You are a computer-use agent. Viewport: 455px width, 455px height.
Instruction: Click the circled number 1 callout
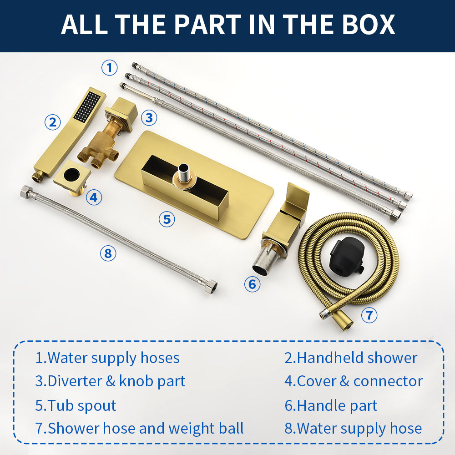[x=109, y=68]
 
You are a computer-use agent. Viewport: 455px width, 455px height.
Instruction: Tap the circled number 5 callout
[x=167, y=219]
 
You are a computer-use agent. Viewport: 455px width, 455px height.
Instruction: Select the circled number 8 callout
[x=108, y=253]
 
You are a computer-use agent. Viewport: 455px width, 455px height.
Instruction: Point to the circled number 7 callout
[x=369, y=315]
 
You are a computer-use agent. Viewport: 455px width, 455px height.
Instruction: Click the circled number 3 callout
[x=149, y=118]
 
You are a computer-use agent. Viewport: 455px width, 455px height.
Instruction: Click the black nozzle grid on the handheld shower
[x=87, y=106]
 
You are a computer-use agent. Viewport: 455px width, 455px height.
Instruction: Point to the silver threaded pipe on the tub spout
[x=184, y=172]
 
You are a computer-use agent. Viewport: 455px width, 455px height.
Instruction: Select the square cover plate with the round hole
[x=72, y=175]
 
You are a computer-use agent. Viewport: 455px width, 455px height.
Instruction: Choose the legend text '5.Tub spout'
[x=76, y=405]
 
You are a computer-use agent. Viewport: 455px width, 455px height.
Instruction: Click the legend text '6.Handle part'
[x=330, y=405]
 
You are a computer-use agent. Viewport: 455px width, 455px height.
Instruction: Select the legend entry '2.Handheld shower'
[x=351, y=358]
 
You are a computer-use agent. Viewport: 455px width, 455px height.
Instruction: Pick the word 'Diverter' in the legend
[x=75, y=381]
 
